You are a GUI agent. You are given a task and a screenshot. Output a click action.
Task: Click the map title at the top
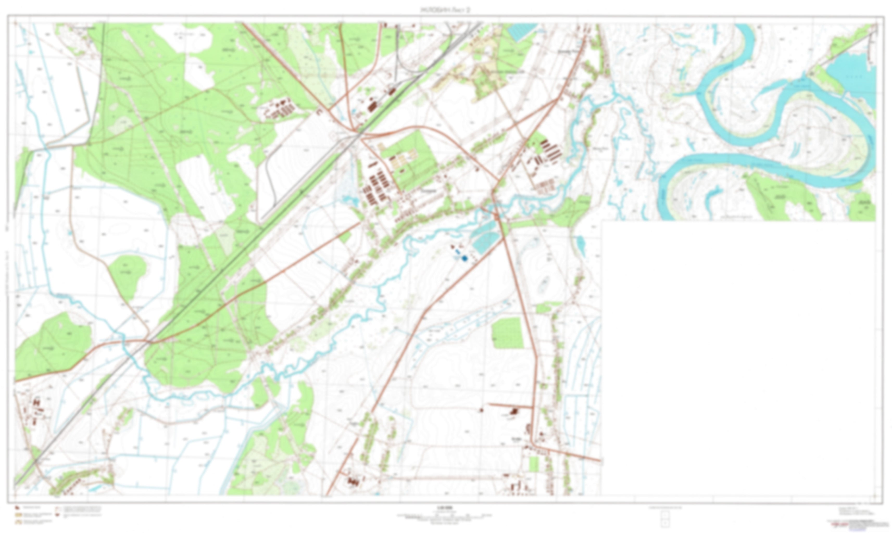445,10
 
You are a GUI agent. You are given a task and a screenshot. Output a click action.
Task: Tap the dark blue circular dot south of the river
464,258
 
